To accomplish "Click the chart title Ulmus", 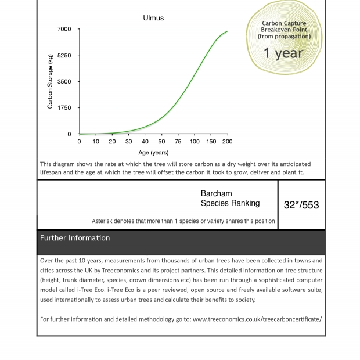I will click(x=153, y=18).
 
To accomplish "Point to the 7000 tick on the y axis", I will click(x=64, y=29).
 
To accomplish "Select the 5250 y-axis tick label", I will click(x=64, y=55).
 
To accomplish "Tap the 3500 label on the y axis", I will click(x=64, y=82).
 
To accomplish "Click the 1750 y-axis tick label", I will click(x=64, y=108).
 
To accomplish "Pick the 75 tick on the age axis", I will click(x=178, y=141).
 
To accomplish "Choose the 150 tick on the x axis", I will click(x=211, y=141).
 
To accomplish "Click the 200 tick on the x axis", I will click(x=227, y=141).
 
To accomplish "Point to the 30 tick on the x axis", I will click(x=128, y=141).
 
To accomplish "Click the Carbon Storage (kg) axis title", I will click(x=51, y=81).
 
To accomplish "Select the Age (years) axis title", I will click(x=153, y=153).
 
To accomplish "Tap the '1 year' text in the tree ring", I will click(x=283, y=53).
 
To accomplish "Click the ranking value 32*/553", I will click(x=301, y=205).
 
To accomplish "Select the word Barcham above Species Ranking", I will click(x=216, y=194).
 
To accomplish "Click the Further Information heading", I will click(x=75, y=238).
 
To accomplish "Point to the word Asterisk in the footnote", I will click(x=105, y=221).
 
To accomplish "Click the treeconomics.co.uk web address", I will click(x=257, y=319).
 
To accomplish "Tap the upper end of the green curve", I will click(x=227, y=31).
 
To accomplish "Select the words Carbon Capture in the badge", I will click(x=284, y=23).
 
